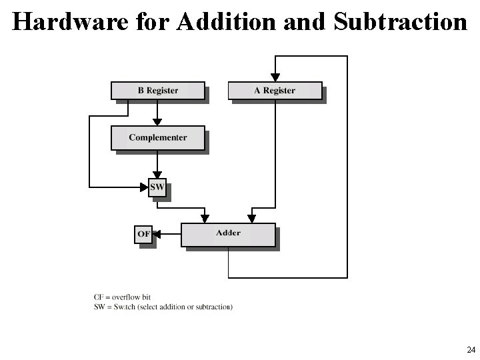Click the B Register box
click(x=158, y=90)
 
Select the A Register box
click(x=275, y=90)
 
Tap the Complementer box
click(x=158, y=137)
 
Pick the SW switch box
click(x=157, y=188)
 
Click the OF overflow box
click(x=143, y=234)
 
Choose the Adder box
click(x=228, y=233)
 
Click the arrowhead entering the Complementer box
click(x=157, y=123)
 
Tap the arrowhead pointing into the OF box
click(x=157, y=234)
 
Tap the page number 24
click(x=471, y=350)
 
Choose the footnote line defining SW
click(x=163, y=307)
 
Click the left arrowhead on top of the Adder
click(x=205, y=218)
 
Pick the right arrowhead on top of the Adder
click(x=251, y=218)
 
